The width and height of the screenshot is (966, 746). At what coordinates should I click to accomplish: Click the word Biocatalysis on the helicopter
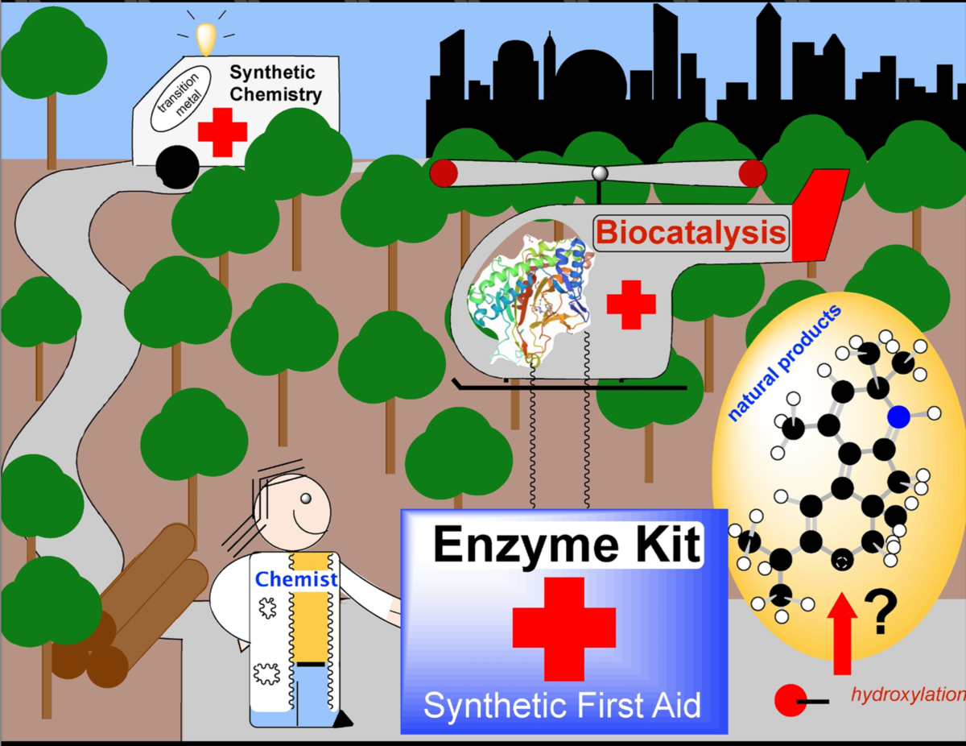[691, 232]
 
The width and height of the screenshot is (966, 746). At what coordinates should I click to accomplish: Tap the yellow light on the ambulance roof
[207, 37]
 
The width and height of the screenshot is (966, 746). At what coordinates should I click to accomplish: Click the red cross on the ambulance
[222, 131]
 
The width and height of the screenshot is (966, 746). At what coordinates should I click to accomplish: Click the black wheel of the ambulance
[177, 166]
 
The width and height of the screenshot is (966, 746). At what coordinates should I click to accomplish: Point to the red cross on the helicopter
[630, 304]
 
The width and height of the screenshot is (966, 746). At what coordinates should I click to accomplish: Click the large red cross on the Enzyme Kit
[563, 628]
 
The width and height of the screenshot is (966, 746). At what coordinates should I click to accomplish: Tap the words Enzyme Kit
[566, 545]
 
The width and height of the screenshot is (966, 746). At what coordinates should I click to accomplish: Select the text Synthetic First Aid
[562, 706]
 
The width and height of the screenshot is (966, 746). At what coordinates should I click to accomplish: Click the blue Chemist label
[296, 578]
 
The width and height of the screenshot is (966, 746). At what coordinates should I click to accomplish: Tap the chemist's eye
[305, 500]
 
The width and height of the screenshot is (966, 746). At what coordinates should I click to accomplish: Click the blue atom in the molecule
[899, 417]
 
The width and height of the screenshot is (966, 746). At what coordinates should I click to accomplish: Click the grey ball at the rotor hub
[598, 172]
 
